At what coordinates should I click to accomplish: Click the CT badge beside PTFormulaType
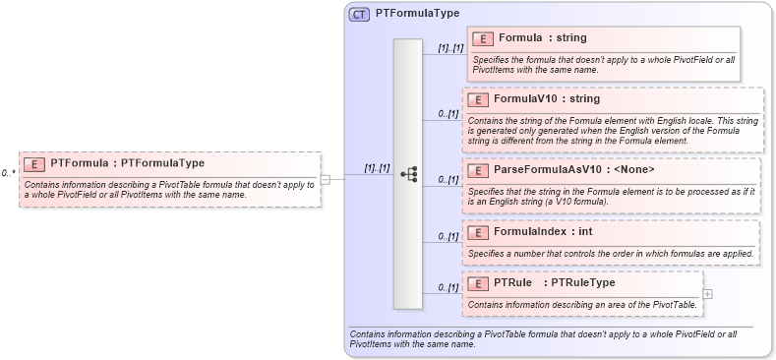359,14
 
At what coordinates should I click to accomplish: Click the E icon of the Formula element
483,38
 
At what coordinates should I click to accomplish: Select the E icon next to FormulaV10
477,99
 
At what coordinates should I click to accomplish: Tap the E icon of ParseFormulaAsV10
477,170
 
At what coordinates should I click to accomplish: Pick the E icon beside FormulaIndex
477,232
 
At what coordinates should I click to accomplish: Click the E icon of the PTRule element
477,283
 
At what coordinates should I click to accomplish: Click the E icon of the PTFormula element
34,163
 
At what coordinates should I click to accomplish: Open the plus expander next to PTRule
708,293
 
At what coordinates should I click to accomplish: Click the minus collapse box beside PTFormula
326,179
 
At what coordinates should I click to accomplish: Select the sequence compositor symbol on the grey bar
408,175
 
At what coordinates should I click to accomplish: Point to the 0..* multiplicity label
8,173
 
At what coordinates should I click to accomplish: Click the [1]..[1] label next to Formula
450,46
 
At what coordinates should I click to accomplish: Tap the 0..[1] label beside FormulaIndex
448,236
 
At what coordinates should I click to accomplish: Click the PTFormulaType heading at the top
417,14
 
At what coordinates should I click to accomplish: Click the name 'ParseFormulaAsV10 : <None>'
573,170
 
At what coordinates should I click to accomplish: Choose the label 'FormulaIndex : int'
544,232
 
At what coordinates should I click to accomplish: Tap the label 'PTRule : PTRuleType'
554,283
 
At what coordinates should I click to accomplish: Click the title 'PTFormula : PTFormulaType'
127,163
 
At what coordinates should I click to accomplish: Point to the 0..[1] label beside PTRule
448,287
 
